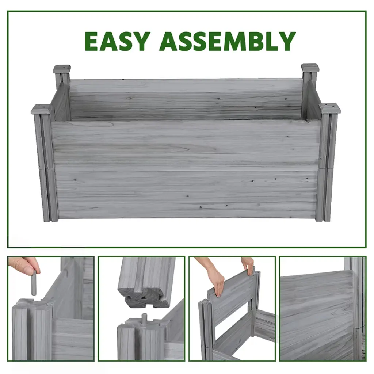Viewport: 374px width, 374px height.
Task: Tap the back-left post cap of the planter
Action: (x=62, y=69)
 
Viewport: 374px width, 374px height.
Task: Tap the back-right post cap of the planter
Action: (x=310, y=68)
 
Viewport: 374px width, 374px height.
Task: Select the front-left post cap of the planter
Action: (x=42, y=109)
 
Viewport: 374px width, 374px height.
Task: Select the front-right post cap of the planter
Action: (x=330, y=108)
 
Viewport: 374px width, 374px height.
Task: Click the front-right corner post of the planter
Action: (x=325, y=167)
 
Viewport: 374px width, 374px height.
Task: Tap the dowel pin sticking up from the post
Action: (x=144, y=318)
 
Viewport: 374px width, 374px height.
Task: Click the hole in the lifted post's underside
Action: (x=144, y=298)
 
